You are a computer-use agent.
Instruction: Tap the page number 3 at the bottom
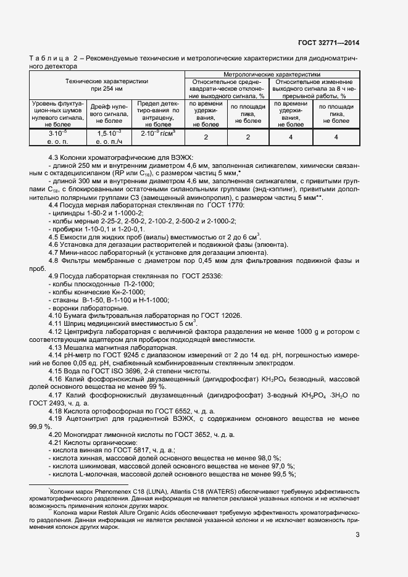click(x=357, y=534)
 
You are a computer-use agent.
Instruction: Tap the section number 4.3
click(x=55, y=157)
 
